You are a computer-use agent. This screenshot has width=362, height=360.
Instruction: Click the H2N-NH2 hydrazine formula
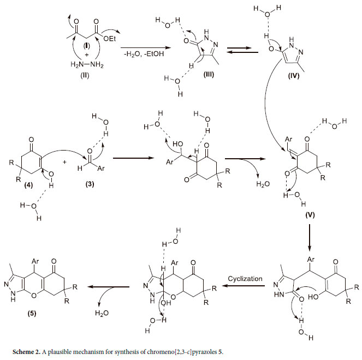tap(86, 66)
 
